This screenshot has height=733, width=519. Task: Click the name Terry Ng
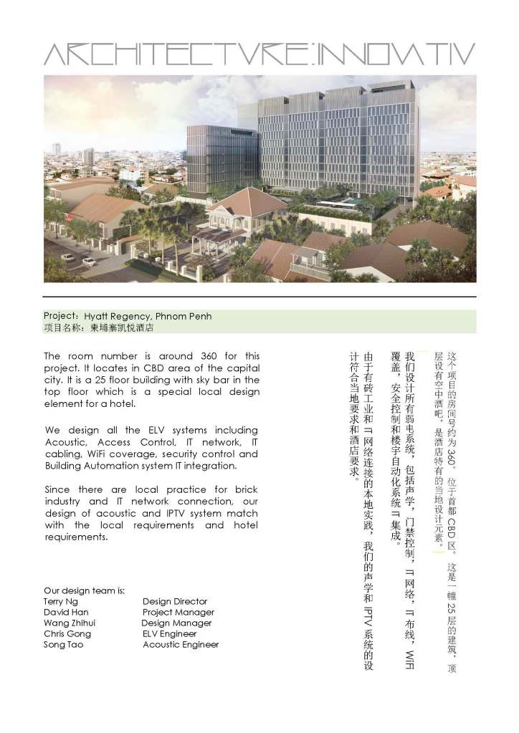(61, 601)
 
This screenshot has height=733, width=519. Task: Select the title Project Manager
(178, 612)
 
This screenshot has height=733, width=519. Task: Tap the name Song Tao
(63, 644)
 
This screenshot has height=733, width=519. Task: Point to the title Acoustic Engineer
(181, 644)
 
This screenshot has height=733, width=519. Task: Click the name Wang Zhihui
(69, 623)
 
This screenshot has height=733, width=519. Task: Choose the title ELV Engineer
(169, 633)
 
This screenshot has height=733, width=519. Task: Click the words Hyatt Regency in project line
(115, 316)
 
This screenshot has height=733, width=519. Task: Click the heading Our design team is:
(84, 590)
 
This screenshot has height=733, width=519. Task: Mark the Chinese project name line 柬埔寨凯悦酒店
(123, 327)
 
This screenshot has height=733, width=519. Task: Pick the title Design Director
(175, 601)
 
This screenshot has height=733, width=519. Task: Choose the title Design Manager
(176, 623)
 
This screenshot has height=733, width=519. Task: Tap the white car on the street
(90, 262)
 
